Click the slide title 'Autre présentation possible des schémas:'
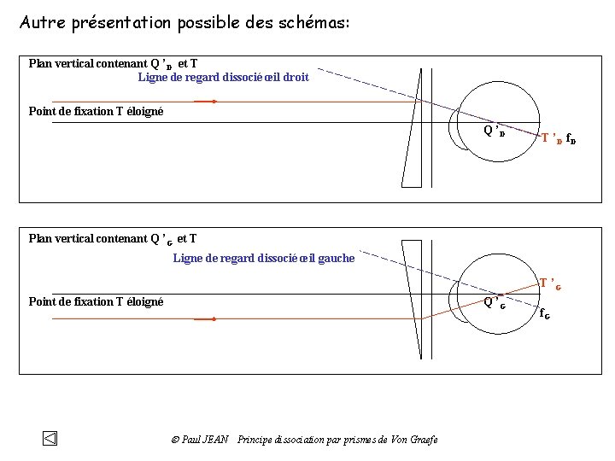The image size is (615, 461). [184, 22]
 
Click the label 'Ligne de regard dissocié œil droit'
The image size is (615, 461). [223, 78]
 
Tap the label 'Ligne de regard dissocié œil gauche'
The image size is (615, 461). [263, 258]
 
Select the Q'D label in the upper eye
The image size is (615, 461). [495, 131]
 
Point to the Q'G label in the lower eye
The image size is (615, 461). [495, 302]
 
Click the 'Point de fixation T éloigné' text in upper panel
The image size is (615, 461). [96, 111]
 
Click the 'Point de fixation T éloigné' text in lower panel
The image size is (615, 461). [96, 301]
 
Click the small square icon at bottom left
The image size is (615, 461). [50, 439]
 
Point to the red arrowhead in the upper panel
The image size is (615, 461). [214, 102]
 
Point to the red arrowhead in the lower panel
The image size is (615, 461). [214, 319]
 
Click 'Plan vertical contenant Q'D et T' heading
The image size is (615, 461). [113, 64]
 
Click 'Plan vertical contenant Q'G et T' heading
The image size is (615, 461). [113, 238]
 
